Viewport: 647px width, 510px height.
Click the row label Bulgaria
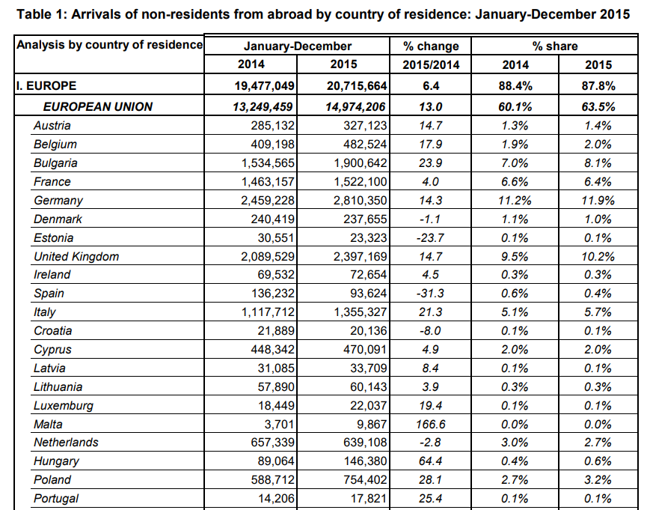(x=55, y=163)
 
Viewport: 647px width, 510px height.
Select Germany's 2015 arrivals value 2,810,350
(x=361, y=201)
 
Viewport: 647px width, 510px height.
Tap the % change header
(x=431, y=46)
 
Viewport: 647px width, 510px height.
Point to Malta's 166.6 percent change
(x=431, y=425)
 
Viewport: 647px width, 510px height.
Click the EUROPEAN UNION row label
(x=98, y=106)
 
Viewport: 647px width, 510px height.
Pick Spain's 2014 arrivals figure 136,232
(x=273, y=294)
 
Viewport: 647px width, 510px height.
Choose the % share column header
(x=555, y=46)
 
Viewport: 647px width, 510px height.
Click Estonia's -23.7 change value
(x=430, y=238)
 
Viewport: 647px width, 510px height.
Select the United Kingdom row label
(x=76, y=257)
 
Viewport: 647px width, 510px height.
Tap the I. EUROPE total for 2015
(x=357, y=86)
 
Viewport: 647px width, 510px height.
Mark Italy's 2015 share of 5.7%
(x=598, y=312)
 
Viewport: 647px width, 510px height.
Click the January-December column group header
(x=298, y=46)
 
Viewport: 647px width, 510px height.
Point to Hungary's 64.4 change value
(x=431, y=461)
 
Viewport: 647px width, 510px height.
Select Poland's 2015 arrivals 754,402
(x=365, y=480)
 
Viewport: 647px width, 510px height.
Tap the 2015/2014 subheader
(x=431, y=65)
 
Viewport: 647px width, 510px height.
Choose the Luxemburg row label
(x=64, y=406)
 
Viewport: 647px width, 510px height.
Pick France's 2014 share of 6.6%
(x=515, y=182)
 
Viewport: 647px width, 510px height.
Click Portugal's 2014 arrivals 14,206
(x=276, y=499)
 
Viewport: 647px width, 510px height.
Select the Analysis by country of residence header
(x=109, y=45)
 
